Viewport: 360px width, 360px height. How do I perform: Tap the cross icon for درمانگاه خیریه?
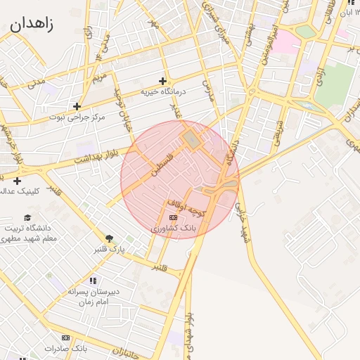coord(163,81)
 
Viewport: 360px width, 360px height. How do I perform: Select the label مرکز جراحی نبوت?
coord(78,117)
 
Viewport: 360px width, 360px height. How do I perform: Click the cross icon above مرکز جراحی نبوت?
coord(77,106)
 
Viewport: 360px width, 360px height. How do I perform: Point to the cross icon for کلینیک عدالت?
coord(17,181)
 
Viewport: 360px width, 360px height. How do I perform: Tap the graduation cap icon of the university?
coord(28,217)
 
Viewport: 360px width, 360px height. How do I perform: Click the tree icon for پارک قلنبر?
coord(109,238)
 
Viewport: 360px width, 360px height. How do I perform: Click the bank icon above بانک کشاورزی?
coord(174,218)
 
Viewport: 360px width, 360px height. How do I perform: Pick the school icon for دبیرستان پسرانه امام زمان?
coord(93,281)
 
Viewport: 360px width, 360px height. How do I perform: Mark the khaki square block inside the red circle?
coord(191,140)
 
